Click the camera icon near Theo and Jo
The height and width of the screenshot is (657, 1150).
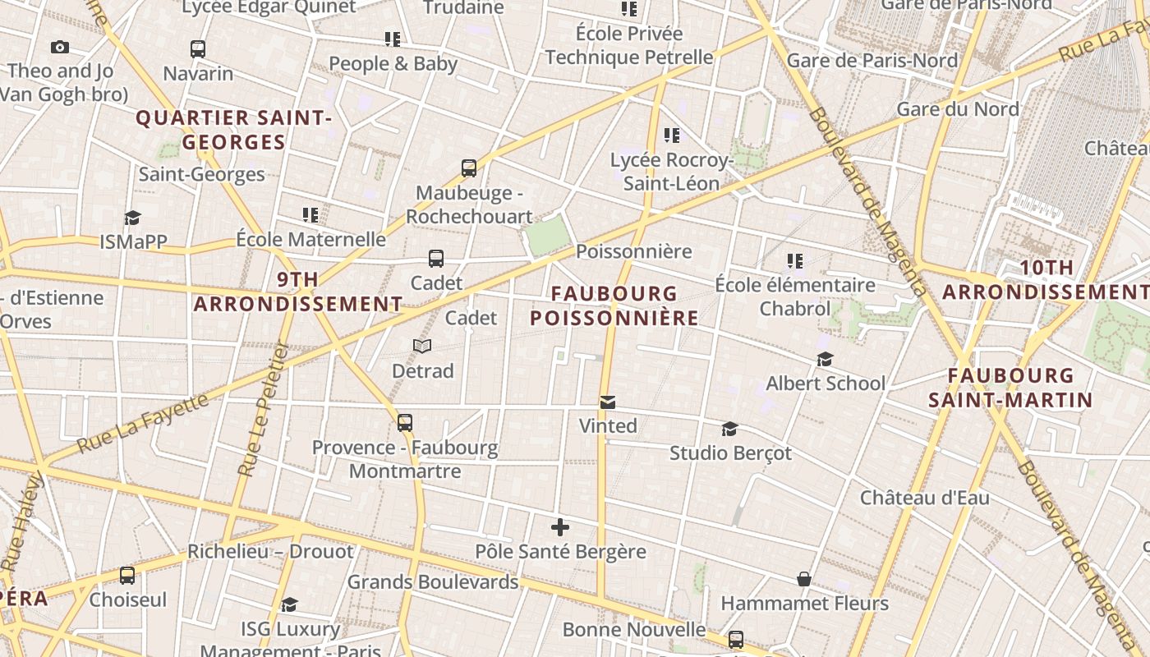(x=60, y=48)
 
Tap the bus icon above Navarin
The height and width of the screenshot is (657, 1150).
(x=198, y=48)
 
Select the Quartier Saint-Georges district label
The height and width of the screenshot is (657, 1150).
(x=234, y=130)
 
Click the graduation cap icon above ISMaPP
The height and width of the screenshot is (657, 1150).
(x=132, y=218)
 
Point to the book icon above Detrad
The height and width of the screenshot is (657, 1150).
(x=422, y=347)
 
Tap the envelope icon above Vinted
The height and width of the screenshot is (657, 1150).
(x=608, y=402)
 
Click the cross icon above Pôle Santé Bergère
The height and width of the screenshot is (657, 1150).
(x=560, y=526)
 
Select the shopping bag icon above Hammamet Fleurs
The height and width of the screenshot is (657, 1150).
(x=804, y=579)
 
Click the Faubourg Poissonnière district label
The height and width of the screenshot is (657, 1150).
(x=614, y=306)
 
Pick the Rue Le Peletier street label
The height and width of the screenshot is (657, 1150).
(x=262, y=410)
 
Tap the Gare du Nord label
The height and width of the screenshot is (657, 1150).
(x=958, y=109)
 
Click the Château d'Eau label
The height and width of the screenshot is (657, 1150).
(x=925, y=498)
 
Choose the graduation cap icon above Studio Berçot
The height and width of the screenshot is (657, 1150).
(x=729, y=429)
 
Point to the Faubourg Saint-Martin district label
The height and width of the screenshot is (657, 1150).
(x=1010, y=388)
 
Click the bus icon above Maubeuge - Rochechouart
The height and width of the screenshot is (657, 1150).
(x=469, y=168)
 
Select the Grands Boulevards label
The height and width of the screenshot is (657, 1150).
(x=433, y=582)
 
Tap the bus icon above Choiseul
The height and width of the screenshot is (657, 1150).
(x=127, y=575)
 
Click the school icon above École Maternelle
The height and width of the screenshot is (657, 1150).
(x=310, y=215)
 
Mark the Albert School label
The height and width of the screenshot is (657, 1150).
(x=826, y=384)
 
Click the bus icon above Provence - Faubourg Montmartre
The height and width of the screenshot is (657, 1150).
(x=405, y=423)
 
